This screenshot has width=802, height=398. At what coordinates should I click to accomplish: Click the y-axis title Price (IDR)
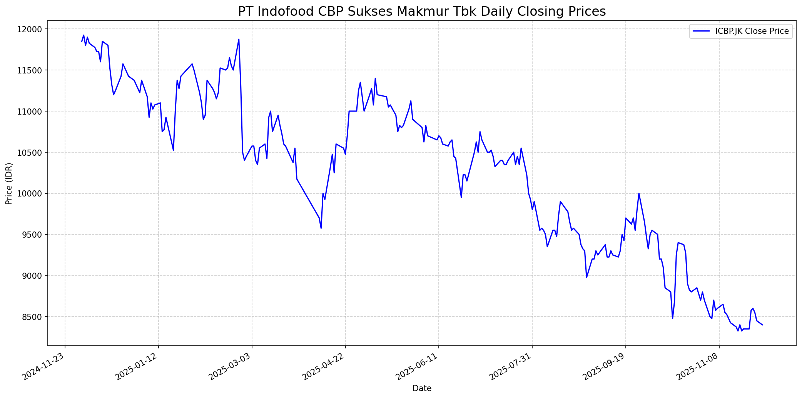click(x=9, y=183)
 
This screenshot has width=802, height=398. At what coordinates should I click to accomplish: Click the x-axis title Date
click(x=422, y=388)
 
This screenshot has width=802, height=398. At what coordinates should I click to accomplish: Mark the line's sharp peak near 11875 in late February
click(x=239, y=39)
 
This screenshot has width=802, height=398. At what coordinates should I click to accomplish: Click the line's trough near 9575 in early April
click(x=321, y=228)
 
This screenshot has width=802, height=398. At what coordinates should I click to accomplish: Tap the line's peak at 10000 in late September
click(x=639, y=193)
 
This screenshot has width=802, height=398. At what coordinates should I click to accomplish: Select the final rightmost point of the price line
click(x=762, y=325)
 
